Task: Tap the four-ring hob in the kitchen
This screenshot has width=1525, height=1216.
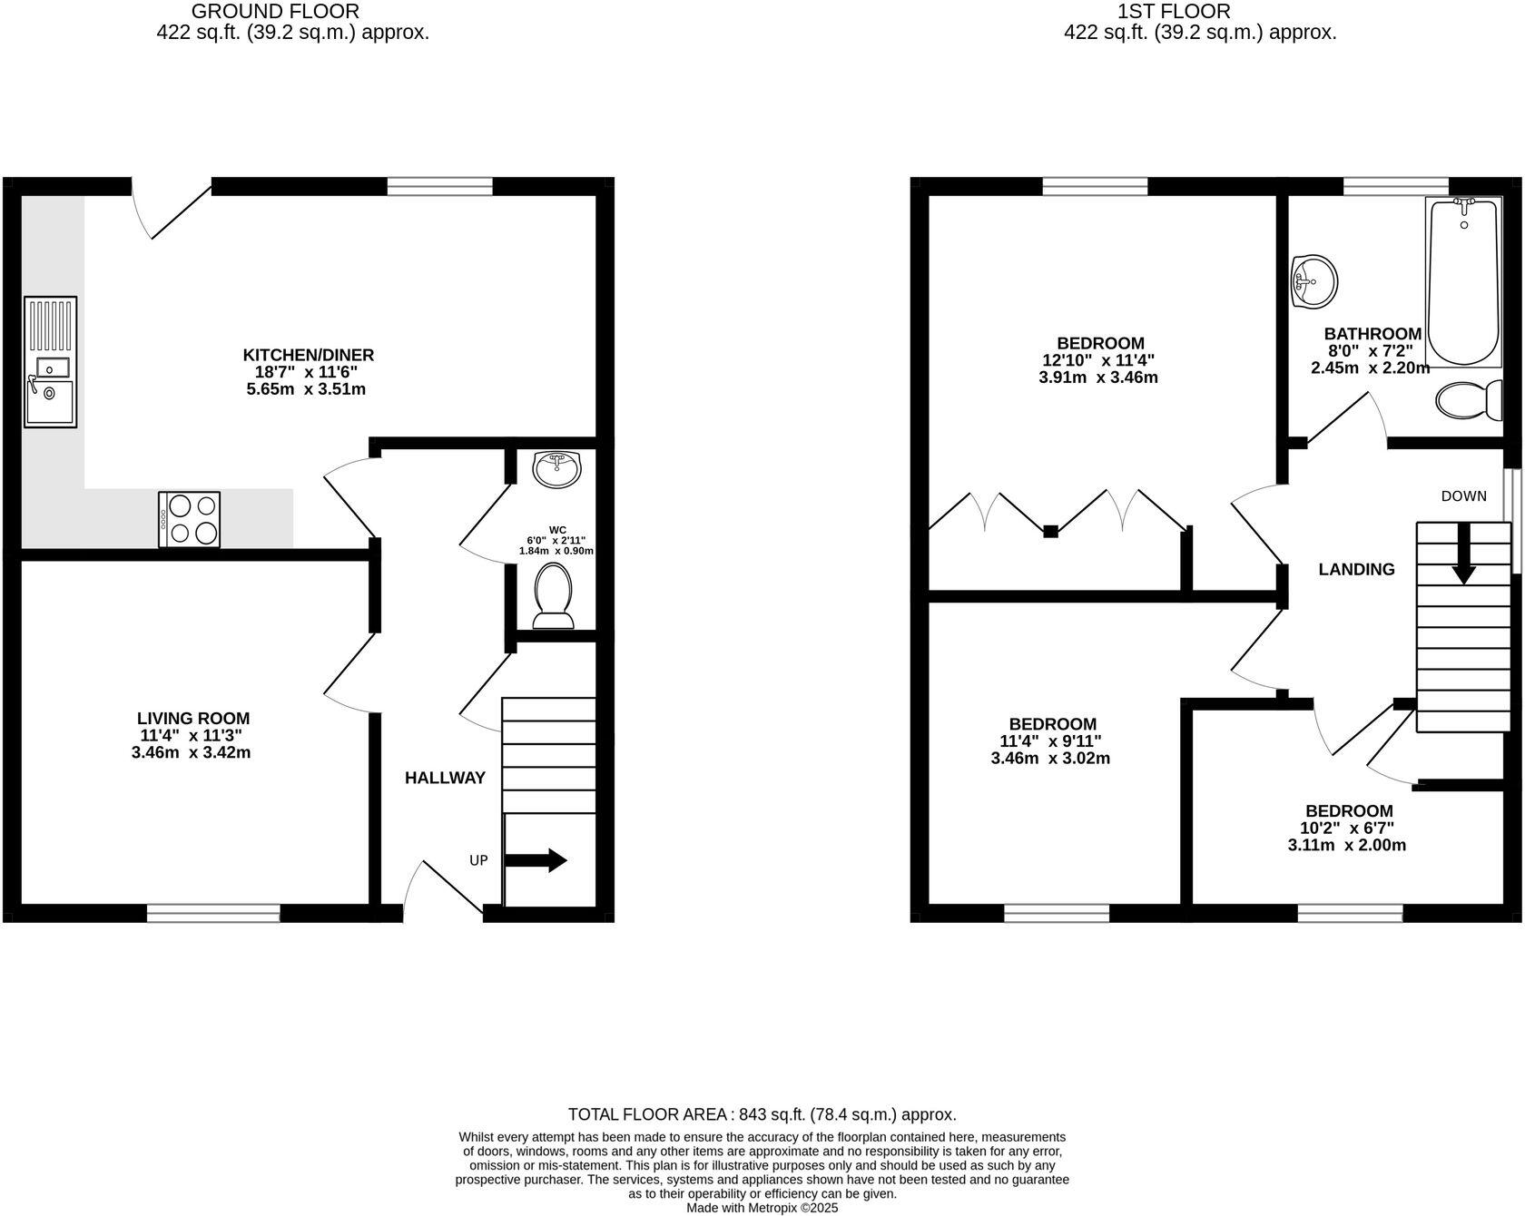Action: tap(189, 519)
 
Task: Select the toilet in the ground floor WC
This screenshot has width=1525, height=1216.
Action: tap(553, 595)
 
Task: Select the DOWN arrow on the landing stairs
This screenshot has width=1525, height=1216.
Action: tap(1463, 554)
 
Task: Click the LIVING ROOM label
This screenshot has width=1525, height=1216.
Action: tap(193, 719)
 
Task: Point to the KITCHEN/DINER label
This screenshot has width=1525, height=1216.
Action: tap(308, 355)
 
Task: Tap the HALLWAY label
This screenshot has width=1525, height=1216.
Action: tap(445, 778)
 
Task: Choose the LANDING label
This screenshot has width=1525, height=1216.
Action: tap(1356, 570)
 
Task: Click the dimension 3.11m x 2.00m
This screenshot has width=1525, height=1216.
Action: tap(1347, 846)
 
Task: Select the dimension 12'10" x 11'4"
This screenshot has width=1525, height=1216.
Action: tap(1098, 360)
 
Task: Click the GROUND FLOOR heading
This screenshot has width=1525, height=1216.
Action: tap(275, 12)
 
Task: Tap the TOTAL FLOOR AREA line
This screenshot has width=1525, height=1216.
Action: tap(762, 1114)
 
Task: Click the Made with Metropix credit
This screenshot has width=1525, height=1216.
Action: tap(762, 1208)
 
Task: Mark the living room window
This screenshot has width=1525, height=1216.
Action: tap(213, 913)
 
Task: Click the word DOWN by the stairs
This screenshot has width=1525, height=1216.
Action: tap(1463, 496)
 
